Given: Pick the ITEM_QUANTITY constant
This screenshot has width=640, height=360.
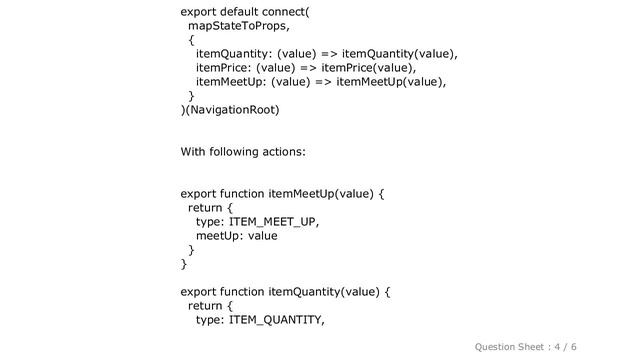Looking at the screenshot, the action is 277,319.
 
